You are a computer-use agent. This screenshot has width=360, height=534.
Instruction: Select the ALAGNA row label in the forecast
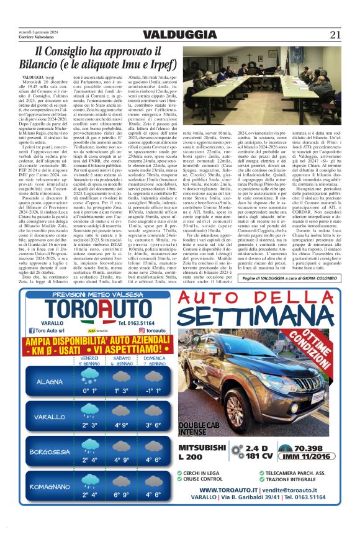click(50, 381)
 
